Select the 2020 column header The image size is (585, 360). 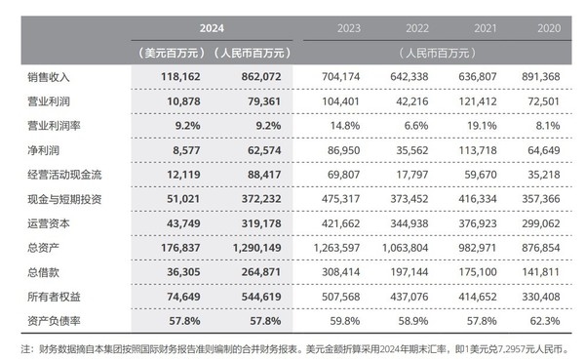pyautogui.click(x=552, y=28)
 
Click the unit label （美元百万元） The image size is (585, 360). pyautogui.click(x=167, y=50)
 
